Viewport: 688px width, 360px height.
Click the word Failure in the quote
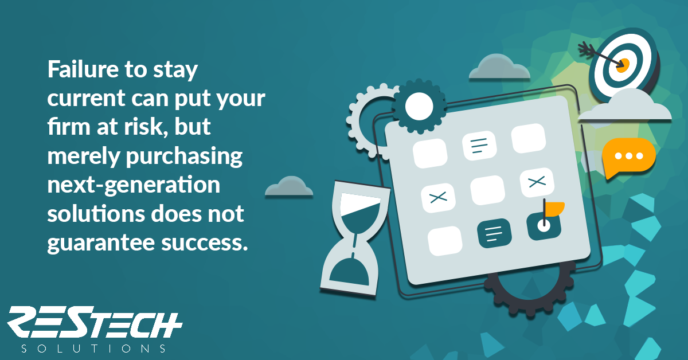point(83,69)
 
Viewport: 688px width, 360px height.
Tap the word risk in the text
point(147,127)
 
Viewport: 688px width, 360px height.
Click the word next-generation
point(134,186)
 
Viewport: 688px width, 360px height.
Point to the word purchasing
point(184,157)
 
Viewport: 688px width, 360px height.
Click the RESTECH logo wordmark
point(95,322)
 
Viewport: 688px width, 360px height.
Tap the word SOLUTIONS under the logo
point(93,349)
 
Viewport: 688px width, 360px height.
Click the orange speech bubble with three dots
point(629,157)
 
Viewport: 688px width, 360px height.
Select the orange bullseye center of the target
point(623,66)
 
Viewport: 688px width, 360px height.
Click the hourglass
point(355,238)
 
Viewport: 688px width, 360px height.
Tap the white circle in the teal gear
point(419,106)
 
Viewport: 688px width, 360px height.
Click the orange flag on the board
point(555,209)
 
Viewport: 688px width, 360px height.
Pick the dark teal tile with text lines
point(494,233)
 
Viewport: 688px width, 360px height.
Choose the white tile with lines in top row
point(479,146)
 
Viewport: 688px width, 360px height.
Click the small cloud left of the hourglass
point(289,186)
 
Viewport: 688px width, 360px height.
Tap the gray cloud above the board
point(499,68)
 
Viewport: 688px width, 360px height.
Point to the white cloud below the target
point(626,106)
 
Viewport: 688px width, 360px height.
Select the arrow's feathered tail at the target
point(587,49)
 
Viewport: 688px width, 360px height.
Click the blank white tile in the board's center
point(487,190)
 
